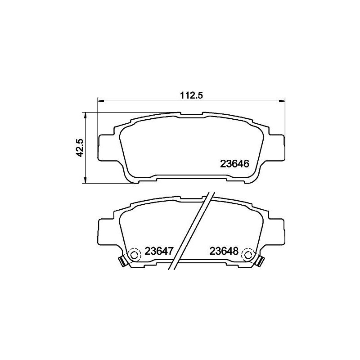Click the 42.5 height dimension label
click(x=80, y=148)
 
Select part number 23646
click(x=234, y=164)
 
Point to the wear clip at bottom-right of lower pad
click(x=260, y=261)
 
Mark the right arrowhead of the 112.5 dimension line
click(x=282, y=100)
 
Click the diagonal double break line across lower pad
click(x=191, y=232)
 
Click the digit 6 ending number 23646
click(x=246, y=164)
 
